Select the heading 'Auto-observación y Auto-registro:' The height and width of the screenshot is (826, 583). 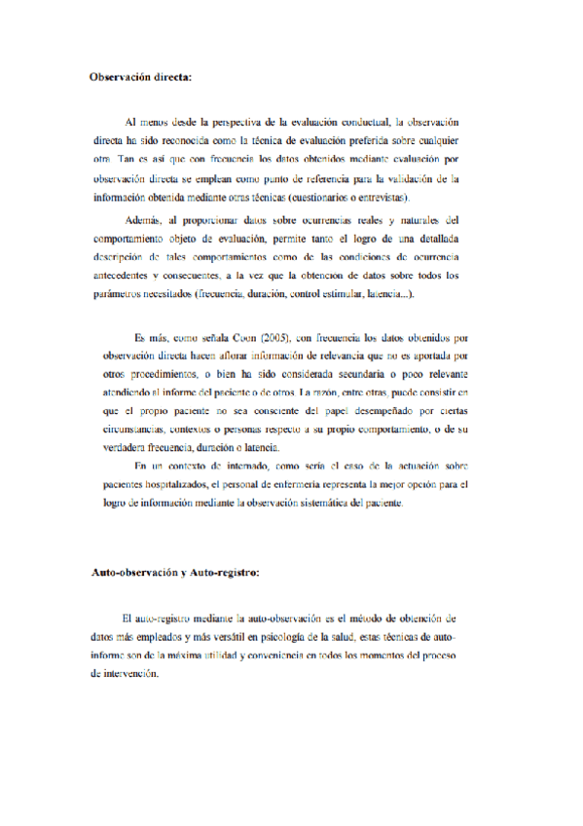pyautogui.click(x=174, y=572)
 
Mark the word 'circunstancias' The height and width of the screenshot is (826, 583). pyautogui.click(x=135, y=429)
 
